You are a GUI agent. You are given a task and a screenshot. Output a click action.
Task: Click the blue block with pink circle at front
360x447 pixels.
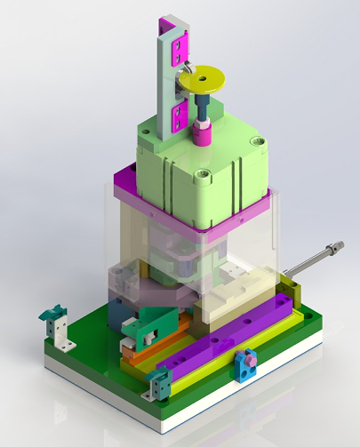click(x=246, y=363)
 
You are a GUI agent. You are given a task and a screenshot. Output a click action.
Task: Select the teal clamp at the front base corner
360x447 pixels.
click(x=159, y=385)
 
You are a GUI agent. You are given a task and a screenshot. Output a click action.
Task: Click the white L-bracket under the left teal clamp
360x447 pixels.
click(x=61, y=335)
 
